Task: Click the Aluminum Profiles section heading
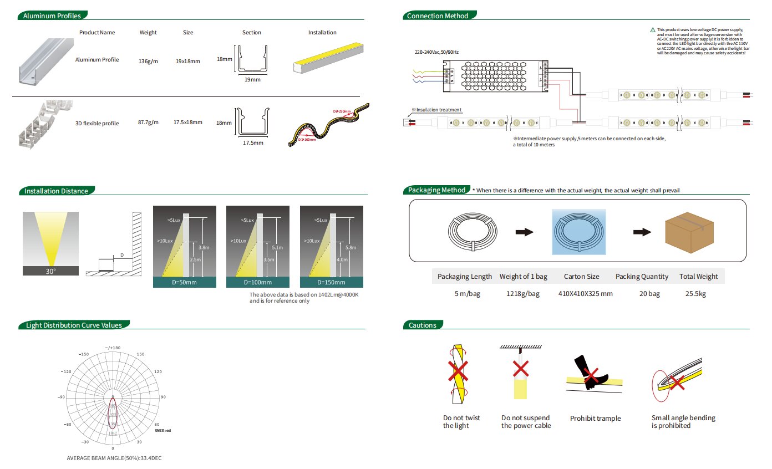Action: (x=52, y=16)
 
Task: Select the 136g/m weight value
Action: (x=148, y=61)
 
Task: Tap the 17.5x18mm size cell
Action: (x=188, y=122)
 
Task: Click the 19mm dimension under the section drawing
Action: (x=252, y=80)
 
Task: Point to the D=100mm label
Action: (x=258, y=283)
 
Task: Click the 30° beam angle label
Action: (x=50, y=271)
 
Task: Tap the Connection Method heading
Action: (x=438, y=16)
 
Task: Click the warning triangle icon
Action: (x=653, y=29)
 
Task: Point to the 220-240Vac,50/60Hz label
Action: (x=437, y=52)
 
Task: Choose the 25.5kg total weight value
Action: (x=698, y=293)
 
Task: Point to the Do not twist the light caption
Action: (x=461, y=422)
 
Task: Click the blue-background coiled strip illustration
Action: (x=578, y=232)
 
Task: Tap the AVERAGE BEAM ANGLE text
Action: (x=114, y=458)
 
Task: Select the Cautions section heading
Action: (x=423, y=325)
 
